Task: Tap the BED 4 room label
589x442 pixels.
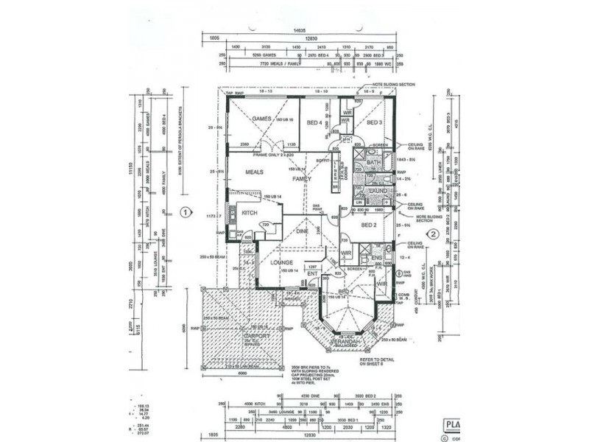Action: click(x=315, y=123)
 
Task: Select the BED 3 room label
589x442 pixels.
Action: click(x=374, y=122)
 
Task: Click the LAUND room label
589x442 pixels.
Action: click(x=378, y=191)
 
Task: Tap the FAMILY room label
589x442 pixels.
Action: click(x=302, y=179)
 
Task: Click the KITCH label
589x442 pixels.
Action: click(x=249, y=213)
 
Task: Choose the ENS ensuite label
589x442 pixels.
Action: click(x=377, y=258)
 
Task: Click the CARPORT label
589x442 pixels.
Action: click(x=252, y=336)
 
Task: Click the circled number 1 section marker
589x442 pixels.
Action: click(x=186, y=213)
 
